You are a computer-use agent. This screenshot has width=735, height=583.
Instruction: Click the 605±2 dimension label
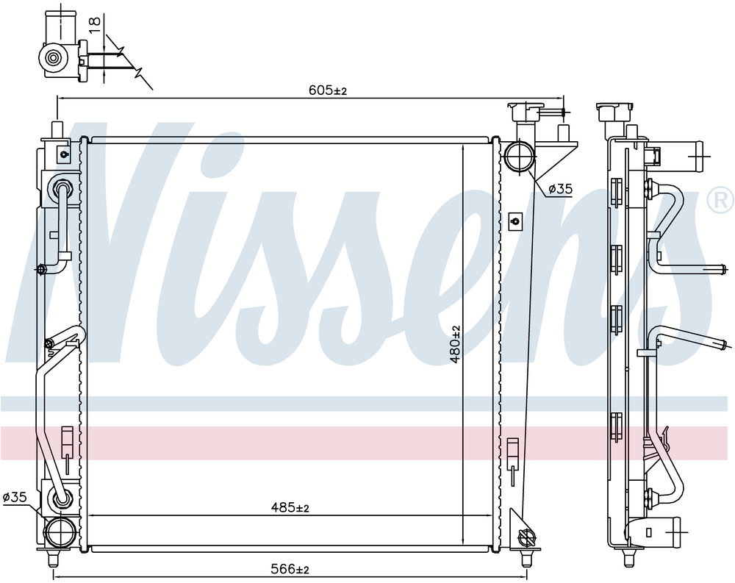pyautogui.click(x=328, y=90)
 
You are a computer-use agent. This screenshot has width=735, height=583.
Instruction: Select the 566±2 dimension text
pyautogui.click(x=290, y=569)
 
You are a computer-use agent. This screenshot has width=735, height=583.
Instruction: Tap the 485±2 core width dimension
pyautogui.click(x=290, y=507)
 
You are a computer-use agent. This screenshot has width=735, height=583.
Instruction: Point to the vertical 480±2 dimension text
pyautogui.click(x=455, y=345)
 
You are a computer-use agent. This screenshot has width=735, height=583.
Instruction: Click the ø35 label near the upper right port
pyautogui.click(x=561, y=189)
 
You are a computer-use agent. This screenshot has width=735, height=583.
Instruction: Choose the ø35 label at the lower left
pyautogui.click(x=15, y=497)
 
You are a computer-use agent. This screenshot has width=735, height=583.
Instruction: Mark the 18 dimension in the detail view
pyautogui.click(x=95, y=24)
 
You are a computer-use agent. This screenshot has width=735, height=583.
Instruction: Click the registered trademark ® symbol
pyautogui.click(x=721, y=200)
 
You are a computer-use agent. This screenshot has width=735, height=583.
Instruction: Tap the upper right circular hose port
pyautogui.click(x=519, y=157)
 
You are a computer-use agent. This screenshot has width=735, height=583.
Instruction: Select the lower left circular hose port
pyautogui.click(x=60, y=532)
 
